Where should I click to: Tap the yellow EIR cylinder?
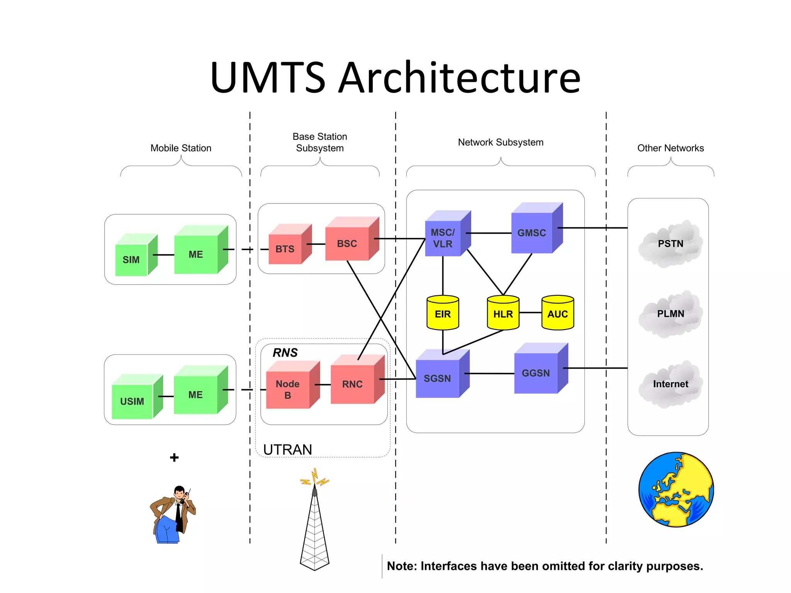click(x=443, y=313)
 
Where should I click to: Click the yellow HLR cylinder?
click(x=503, y=313)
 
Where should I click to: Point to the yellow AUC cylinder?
click(x=557, y=313)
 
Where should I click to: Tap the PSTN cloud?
click(x=670, y=244)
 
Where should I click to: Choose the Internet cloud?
click(x=670, y=384)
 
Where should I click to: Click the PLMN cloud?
click(x=670, y=314)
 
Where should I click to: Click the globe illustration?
click(x=676, y=490)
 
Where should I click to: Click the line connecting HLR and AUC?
click(x=530, y=313)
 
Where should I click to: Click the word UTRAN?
click(x=287, y=450)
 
